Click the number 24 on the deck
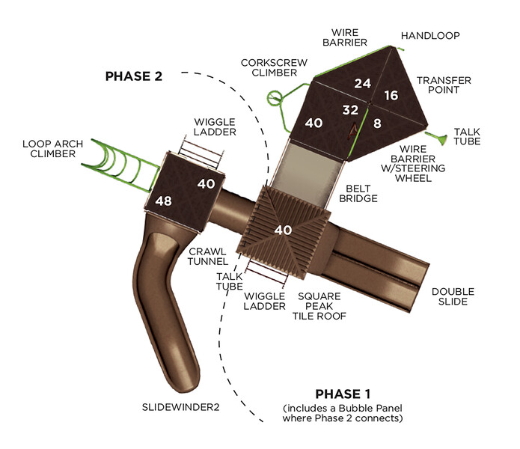(x=362, y=83)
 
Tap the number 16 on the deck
(x=391, y=95)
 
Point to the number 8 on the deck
(x=377, y=123)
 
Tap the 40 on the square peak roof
(x=283, y=230)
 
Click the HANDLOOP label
(x=430, y=35)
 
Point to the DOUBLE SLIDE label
(x=452, y=296)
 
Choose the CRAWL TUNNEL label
(x=207, y=257)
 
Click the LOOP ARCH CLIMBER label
(x=49, y=148)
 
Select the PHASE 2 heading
(x=133, y=76)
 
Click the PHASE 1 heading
(x=343, y=394)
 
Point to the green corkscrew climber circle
(x=275, y=96)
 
